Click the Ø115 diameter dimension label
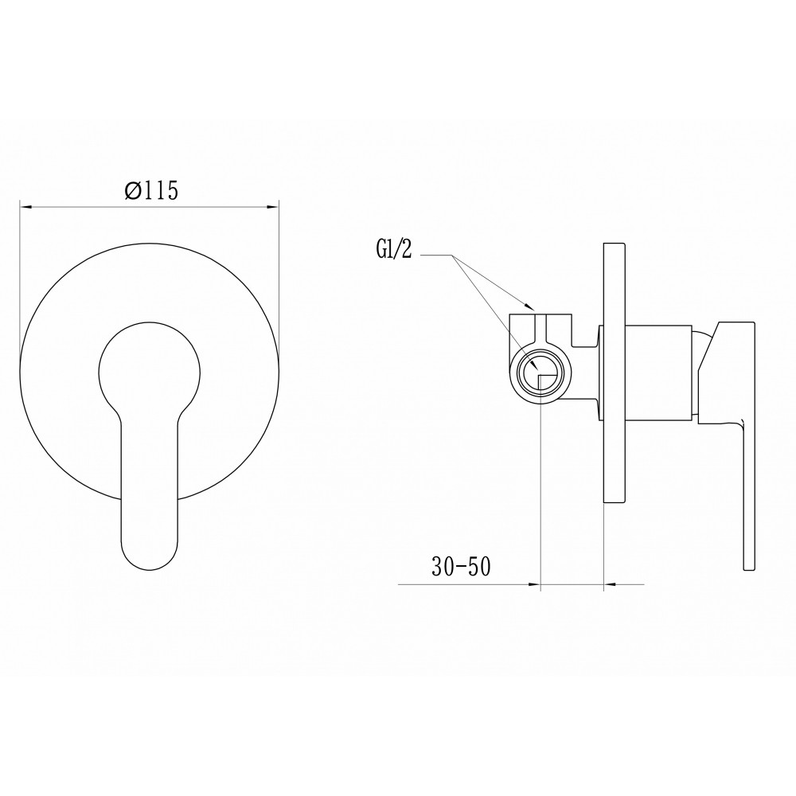pos(152,191)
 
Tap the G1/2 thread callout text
pos(393,251)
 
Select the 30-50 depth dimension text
pos(462,567)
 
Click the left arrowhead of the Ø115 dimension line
pos(26,207)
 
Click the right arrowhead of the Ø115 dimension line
pos(272,207)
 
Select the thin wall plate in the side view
pos(613,373)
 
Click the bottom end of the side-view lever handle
pos(749,570)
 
